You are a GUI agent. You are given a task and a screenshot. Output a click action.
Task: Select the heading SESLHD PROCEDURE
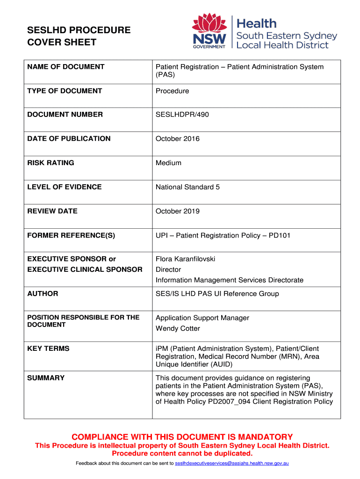pyautogui.click(x=79, y=30)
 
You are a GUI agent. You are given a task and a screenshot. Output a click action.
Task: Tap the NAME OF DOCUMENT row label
pyautogui.click(x=66, y=67)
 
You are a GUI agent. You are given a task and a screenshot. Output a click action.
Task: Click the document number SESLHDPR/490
pyautogui.click(x=182, y=115)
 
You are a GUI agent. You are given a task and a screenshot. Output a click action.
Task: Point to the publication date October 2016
pyautogui.click(x=178, y=138)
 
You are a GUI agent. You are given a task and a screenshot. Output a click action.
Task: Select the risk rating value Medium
pyautogui.click(x=168, y=163)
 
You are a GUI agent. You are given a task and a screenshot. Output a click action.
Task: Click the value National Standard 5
pyautogui.click(x=187, y=187)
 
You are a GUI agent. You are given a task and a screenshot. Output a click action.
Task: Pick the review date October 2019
pyautogui.click(x=178, y=211)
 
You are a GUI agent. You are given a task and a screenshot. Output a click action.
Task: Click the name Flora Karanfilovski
pyautogui.click(x=186, y=259)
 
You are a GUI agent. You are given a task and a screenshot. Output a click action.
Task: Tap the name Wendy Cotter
pyautogui.click(x=178, y=328)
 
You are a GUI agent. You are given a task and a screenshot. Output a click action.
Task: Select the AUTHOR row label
pyautogui.click(x=43, y=294)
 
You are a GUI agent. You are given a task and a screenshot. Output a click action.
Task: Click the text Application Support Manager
pyautogui.click(x=202, y=318)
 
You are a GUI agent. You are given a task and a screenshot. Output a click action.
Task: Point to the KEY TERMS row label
pyautogui.click(x=48, y=348)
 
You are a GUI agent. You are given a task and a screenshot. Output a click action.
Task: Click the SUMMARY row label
pyautogui.click(x=46, y=378)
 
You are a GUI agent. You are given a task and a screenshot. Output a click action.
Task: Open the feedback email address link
pyautogui.click(x=231, y=463)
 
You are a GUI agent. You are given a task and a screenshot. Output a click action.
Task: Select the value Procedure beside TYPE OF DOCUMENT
pyautogui.click(x=172, y=91)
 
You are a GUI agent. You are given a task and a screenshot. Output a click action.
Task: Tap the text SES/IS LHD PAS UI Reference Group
pyautogui.click(x=217, y=294)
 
